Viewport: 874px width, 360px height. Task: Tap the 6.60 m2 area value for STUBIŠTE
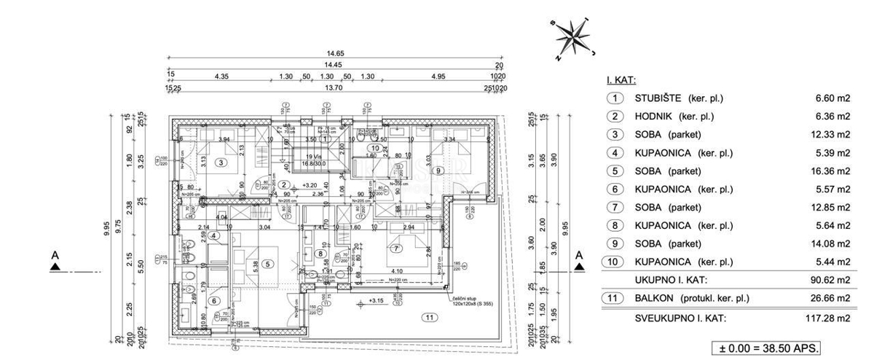pyautogui.click(x=833, y=98)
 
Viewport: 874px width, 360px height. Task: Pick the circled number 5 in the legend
pyautogui.click(x=615, y=171)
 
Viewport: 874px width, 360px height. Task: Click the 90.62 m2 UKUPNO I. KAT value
pyautogui.click(x=833, y=280)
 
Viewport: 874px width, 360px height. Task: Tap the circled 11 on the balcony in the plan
pyautogui.click(x=430, y=317)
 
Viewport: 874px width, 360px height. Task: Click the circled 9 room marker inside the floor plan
pyautogui.click(x=438, y=171)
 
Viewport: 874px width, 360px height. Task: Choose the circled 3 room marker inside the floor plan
pyautogui.click(x=219, y=163)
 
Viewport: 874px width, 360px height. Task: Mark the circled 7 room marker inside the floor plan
pyautogui.click(x=398, y=248)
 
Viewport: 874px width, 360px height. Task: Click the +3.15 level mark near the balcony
pyautogui.click(x=376, y=300)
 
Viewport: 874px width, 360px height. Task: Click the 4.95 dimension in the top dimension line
pyautogui.click(x=438, y=77)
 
